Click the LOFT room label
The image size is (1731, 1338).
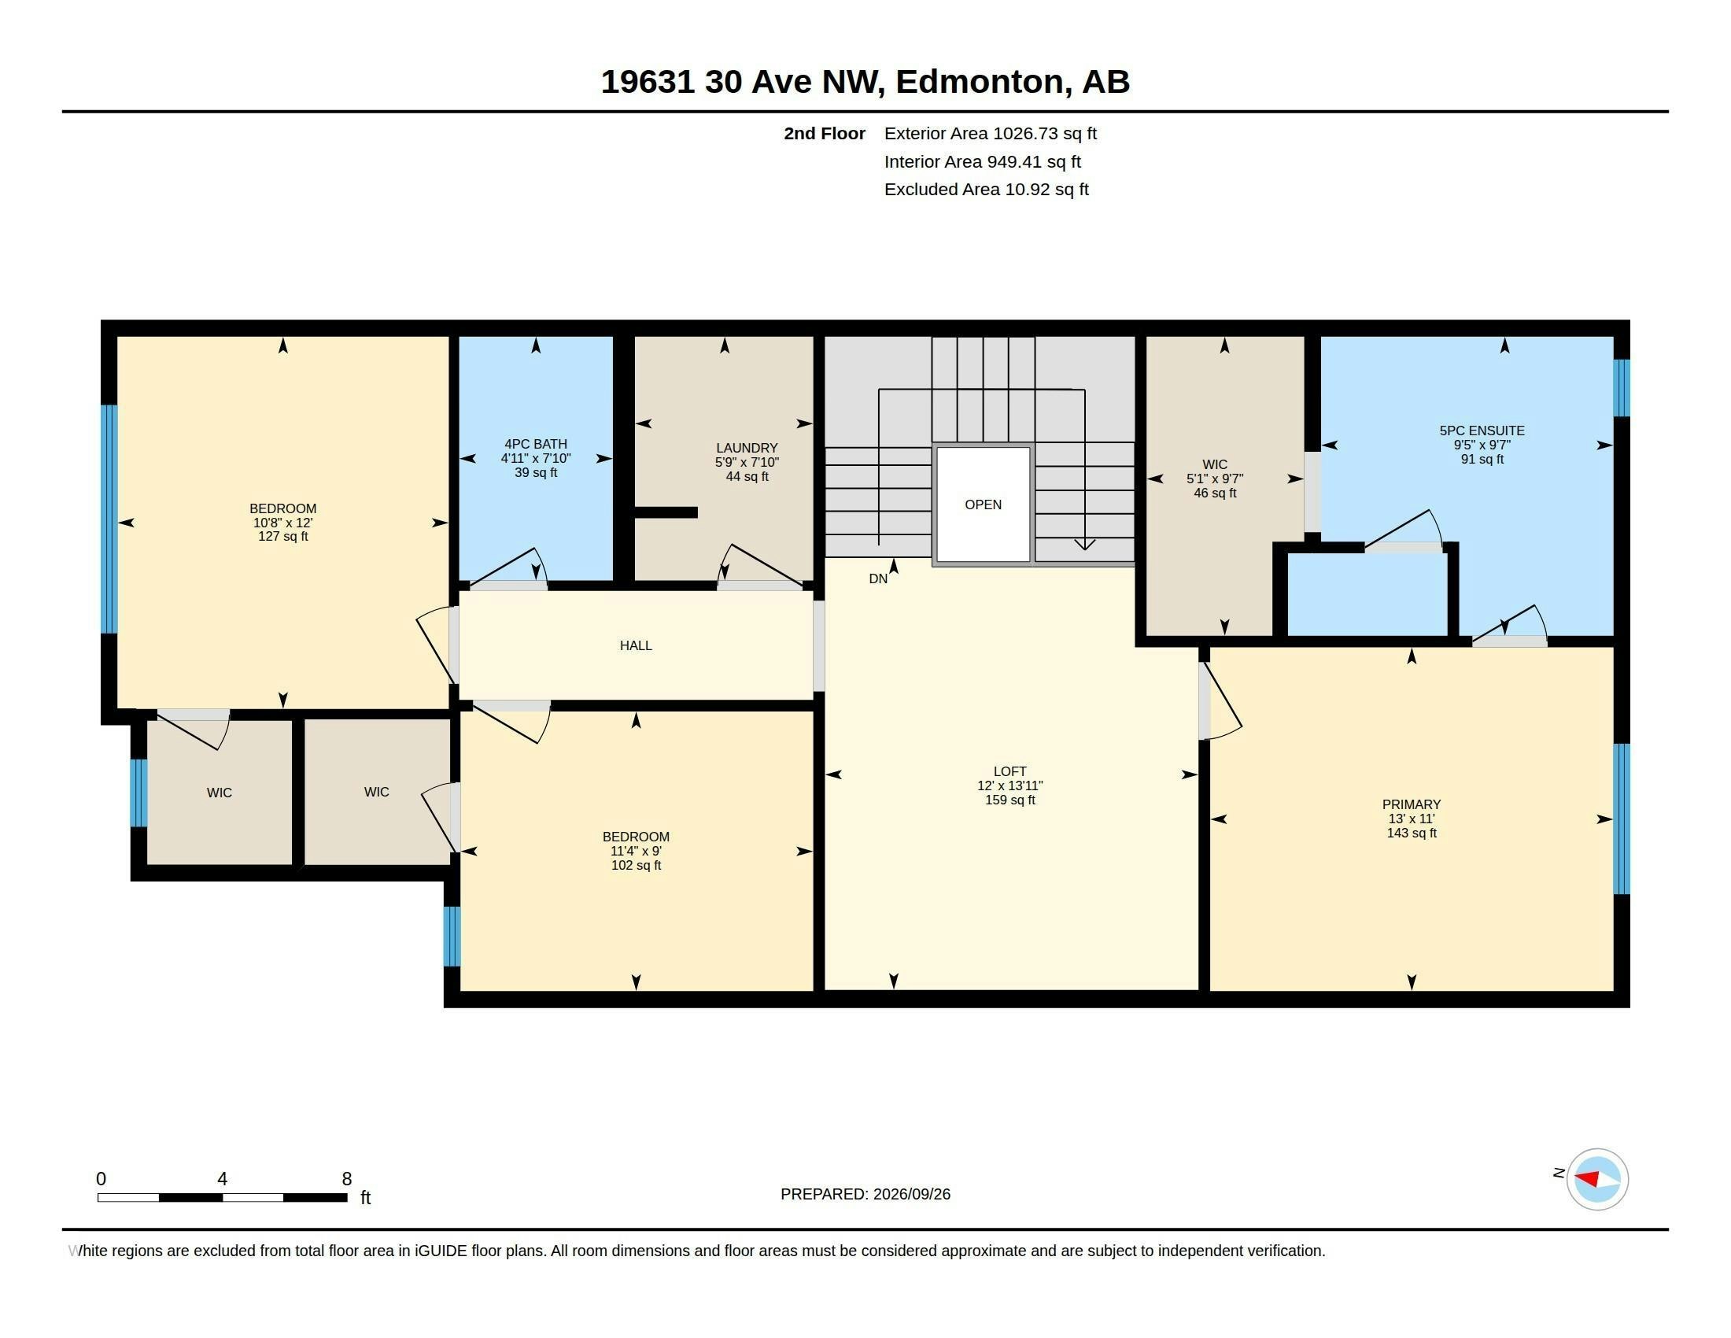[x=1009, y=771]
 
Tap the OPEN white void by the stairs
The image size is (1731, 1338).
[x=983, y=505]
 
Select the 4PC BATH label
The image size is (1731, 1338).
[x=536, y=444]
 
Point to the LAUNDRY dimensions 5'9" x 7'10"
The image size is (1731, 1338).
[x=747, y=462]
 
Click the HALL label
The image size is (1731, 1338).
[x=636, y=645]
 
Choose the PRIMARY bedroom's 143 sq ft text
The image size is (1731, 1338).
[x=1412, y=833]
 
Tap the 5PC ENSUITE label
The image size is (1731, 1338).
[x=1482, y=431]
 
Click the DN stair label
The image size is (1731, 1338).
[x=878, y=578]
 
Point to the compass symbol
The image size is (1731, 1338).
[x=1597, y=1180]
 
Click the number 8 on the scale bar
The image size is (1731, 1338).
[x=346, y=1179]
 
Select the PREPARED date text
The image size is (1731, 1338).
[x=865, y=1194]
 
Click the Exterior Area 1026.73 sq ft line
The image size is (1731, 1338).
[x=991, y=133]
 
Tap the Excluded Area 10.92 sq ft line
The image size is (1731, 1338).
[x=987, y=190]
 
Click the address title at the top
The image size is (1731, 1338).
[x=865, y=82]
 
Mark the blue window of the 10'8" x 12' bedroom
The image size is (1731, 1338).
[x=109, y=519]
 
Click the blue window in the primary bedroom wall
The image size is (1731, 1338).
[x=1622, y=819]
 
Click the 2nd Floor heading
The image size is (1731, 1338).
[x=825, y=133]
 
